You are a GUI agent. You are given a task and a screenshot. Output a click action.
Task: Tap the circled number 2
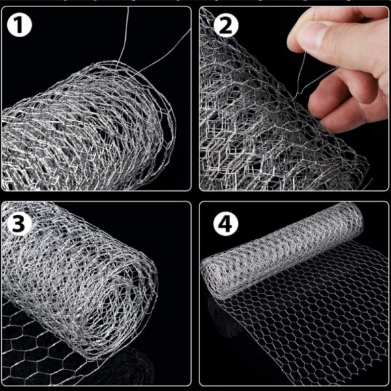pyautogui.click(x=225, y=25)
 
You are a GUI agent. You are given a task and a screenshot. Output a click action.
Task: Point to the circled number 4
pyautogui.click(x=225, y=224)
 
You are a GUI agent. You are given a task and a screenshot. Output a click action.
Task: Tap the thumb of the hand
pyautogui.click(x=319, y=39)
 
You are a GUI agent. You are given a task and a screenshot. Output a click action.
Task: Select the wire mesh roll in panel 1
pyautogui.click(x=85, y=130)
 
